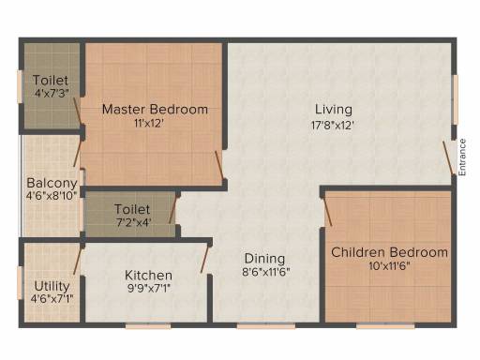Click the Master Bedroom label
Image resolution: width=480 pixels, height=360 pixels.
point(155,110)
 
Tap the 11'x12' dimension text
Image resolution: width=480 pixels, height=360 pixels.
point(155,124)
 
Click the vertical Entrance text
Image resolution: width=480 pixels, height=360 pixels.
point(462,157)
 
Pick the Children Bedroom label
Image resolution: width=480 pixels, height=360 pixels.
point(389,252)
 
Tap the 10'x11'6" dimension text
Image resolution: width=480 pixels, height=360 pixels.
point(389,266)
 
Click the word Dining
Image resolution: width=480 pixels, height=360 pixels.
point(265,259)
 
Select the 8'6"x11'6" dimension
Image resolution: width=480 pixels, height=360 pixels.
point(265,273)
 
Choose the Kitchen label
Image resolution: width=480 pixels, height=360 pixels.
point(149,275)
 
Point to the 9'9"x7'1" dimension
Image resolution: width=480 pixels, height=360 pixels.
point(149,289)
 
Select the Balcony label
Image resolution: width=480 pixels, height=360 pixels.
point(52,183)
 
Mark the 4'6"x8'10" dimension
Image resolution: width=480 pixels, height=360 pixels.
point(52,197)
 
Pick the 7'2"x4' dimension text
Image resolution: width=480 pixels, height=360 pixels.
point(133,222)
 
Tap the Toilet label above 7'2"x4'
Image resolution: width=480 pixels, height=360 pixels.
point(133,208)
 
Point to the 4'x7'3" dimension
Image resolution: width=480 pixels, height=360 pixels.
point(50,95)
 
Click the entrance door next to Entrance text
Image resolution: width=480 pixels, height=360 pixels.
point(448,156)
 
